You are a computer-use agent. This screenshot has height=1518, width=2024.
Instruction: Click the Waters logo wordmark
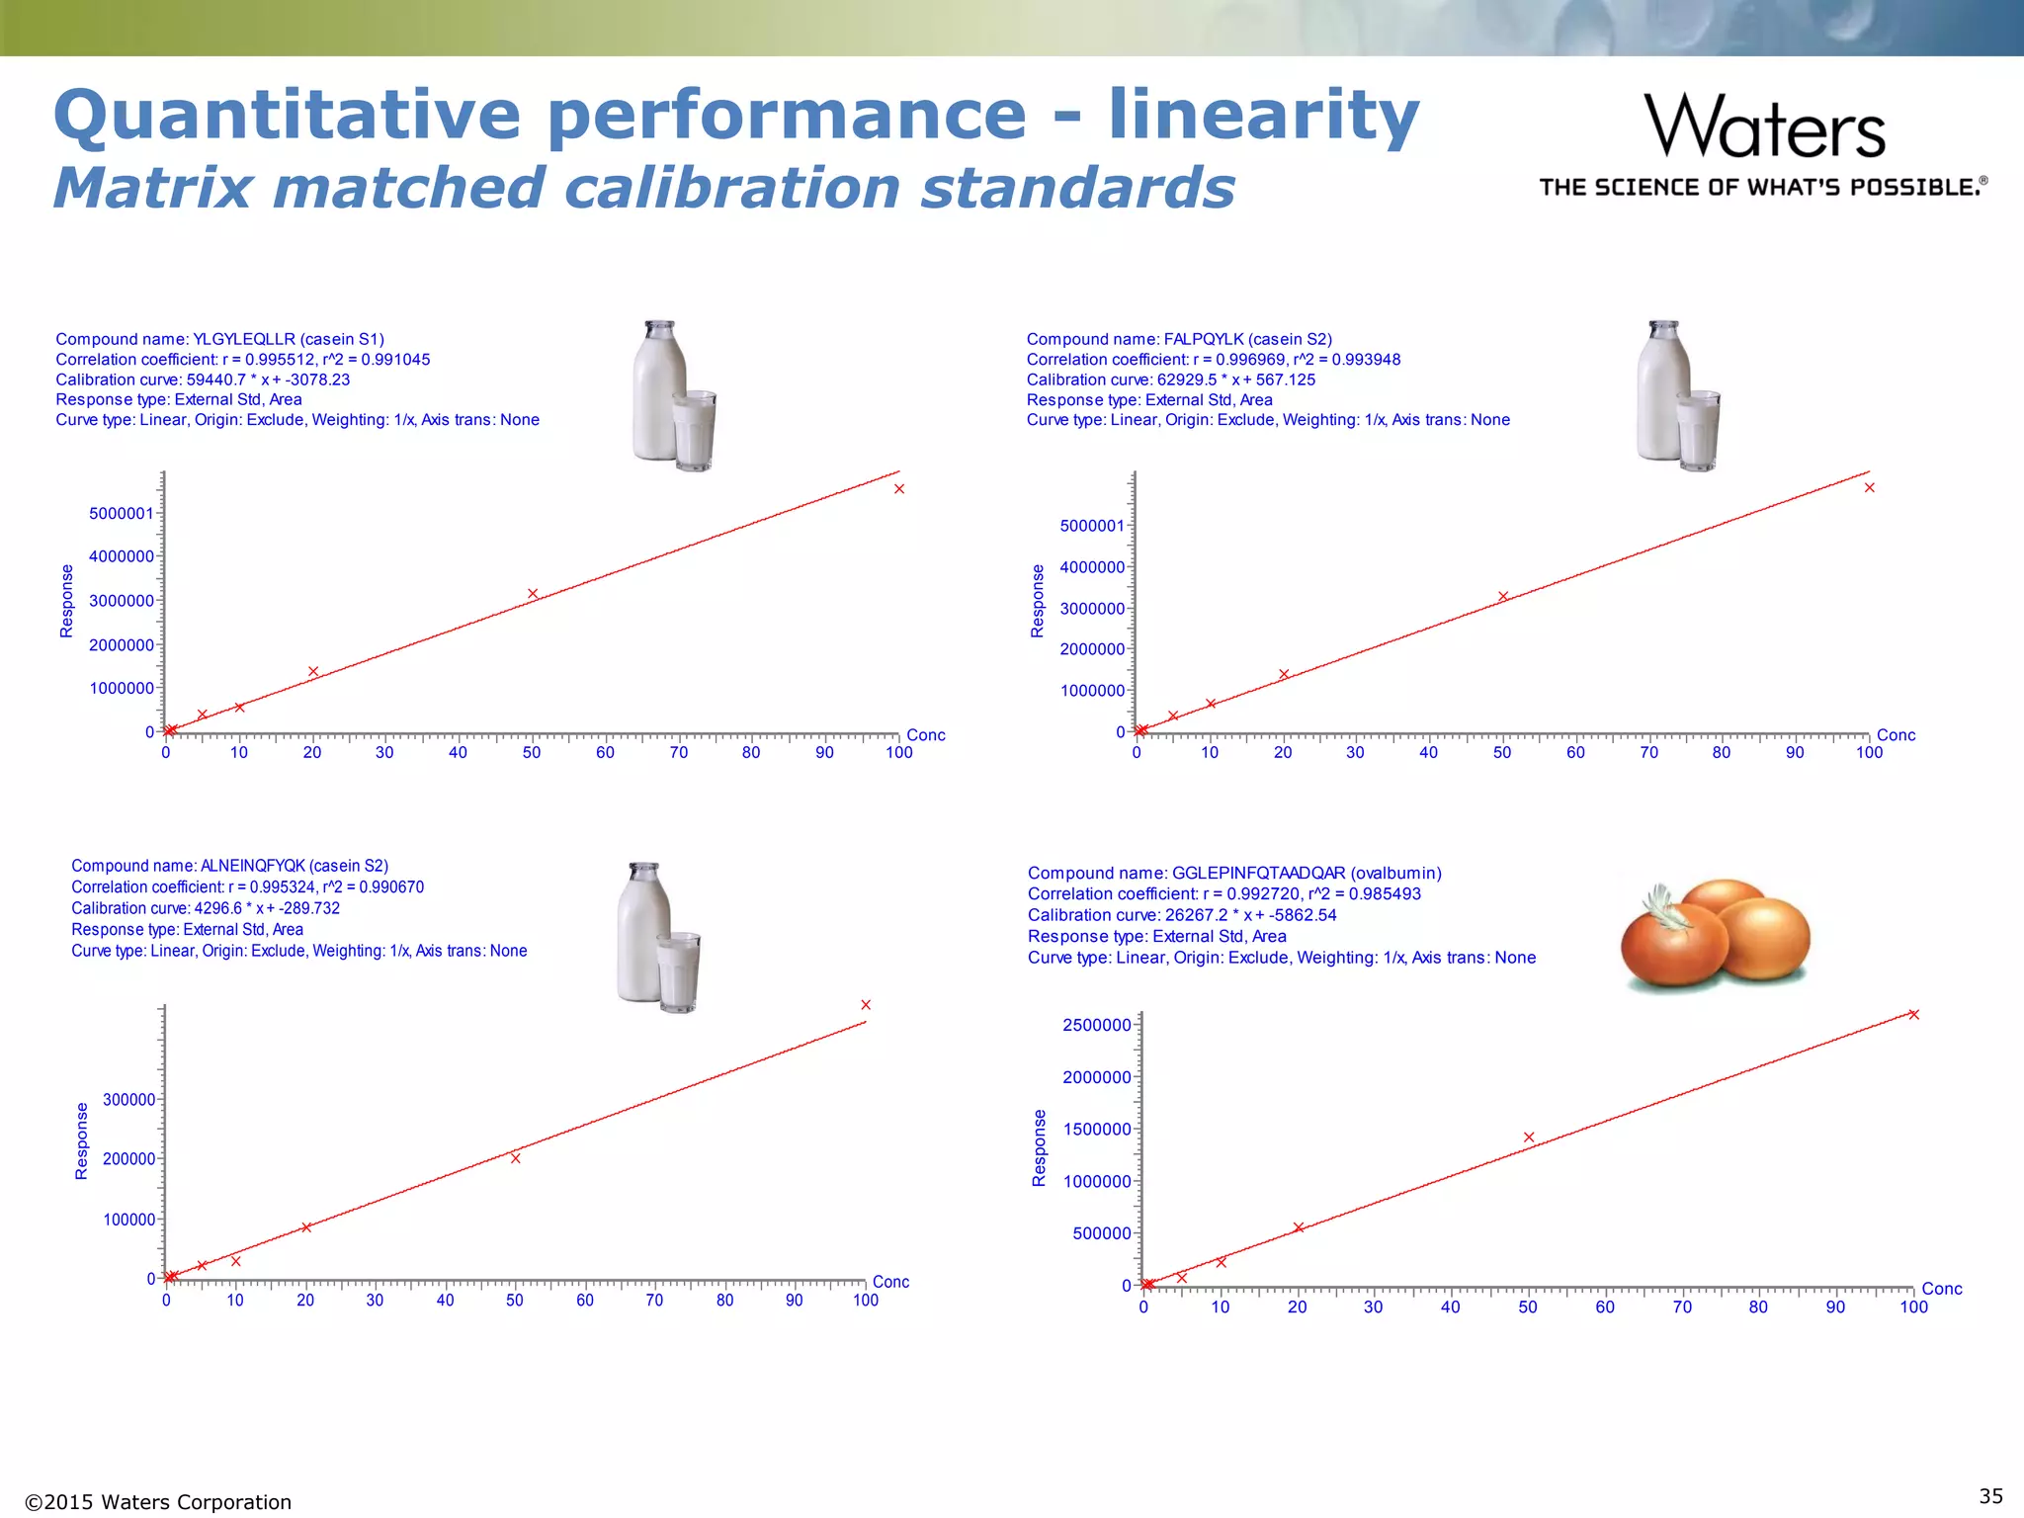(x=1764, y=126)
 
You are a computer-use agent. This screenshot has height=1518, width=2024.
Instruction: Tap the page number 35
(x=1990, y=1495)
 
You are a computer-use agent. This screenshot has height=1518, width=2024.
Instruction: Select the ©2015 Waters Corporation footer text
(x=158, y=1502)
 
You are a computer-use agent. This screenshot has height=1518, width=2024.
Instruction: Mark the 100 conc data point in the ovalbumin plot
(x=1913, y=1014)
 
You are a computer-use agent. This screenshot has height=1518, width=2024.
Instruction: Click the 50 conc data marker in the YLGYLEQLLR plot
(x=533, y=594)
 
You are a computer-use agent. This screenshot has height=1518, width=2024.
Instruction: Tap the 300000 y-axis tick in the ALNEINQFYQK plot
(x=129, y=1099)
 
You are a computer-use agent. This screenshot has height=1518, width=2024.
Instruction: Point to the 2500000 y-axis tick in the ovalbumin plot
(x=1096, y=1025)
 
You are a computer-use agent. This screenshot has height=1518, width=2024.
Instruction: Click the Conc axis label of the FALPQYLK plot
(x=1896, y=735)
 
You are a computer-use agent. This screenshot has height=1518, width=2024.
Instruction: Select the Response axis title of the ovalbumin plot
(x=1039, y=1147)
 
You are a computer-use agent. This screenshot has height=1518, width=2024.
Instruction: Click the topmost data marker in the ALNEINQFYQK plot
(x=866, y=1005)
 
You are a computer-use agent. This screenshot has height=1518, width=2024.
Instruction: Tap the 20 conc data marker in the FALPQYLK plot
(x=1284, y=675)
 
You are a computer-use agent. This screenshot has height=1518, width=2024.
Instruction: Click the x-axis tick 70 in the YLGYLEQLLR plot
(x=678, y=753)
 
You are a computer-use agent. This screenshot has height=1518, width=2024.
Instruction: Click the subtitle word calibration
(x=733, y=188)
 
